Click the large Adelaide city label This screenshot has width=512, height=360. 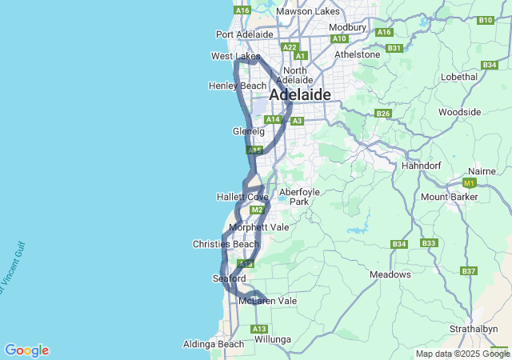point(300,94)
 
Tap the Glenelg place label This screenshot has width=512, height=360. point(248,130)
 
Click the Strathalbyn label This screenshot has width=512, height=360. point(473,329)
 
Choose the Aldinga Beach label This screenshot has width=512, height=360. point(214,344)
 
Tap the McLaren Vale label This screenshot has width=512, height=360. point(267,301)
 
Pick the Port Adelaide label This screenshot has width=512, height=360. point(245,34)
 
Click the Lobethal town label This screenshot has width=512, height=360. point(458,77)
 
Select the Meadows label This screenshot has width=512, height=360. point(390,274)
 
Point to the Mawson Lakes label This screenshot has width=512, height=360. point(307,11)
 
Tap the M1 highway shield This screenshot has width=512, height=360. point(470,182)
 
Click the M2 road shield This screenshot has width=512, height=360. point(257,210)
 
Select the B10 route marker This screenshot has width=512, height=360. point(485,19)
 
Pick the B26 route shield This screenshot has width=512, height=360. point(383,114)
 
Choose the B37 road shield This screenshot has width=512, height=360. point(469,271)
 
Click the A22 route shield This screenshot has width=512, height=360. point(290,47)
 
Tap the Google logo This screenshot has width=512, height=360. point(26,350)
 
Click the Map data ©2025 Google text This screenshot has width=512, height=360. point(462,354)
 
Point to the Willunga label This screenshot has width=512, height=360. point(273,339)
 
